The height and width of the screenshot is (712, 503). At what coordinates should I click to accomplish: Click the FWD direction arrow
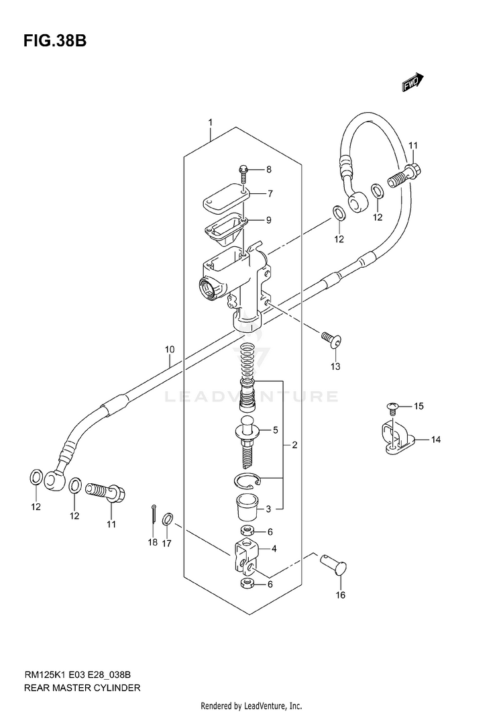pos(412,82)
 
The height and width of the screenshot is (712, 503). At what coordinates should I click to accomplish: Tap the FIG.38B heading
pos(55,41)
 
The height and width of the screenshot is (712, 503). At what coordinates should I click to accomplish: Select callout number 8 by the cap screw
pos(269,169)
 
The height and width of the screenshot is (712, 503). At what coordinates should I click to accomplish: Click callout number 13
pos(335,366)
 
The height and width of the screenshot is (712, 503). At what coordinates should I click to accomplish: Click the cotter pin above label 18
pos(154,520)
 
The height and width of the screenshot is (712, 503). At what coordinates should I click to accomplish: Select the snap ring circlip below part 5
pos(247,480)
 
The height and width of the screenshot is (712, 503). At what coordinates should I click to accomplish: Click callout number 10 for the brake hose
pos(170,350)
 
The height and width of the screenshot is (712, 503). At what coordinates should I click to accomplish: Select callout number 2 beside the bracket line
pos(294,445)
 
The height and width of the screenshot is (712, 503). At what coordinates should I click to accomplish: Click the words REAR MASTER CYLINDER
pos(82,688)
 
